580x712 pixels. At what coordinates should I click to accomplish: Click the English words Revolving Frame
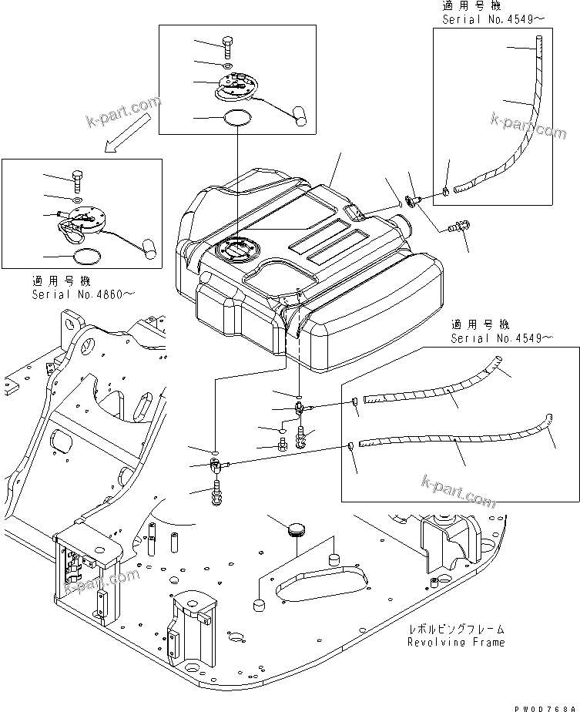tap(457, 642)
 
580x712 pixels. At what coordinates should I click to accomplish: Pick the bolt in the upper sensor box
tap(229, 45)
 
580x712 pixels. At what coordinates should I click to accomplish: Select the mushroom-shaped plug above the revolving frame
tap(296, 529)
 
